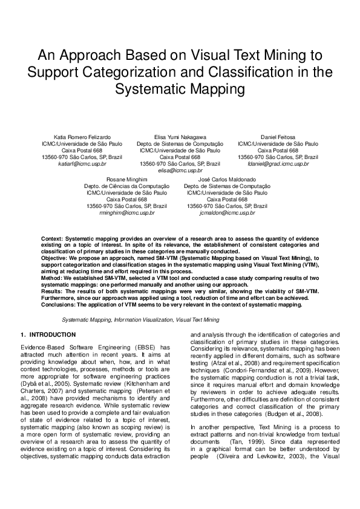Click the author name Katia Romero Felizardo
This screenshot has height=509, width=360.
pos(82,138)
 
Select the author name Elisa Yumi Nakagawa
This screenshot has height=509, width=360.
pos(180,138)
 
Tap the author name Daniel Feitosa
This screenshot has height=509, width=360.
pos(278,138)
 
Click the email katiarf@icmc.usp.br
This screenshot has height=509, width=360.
pos(82,164)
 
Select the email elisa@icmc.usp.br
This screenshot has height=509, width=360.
pos(180,170)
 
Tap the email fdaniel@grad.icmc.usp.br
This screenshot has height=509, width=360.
pos(278,164)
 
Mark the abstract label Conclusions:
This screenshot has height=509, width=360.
pos(59,305)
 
